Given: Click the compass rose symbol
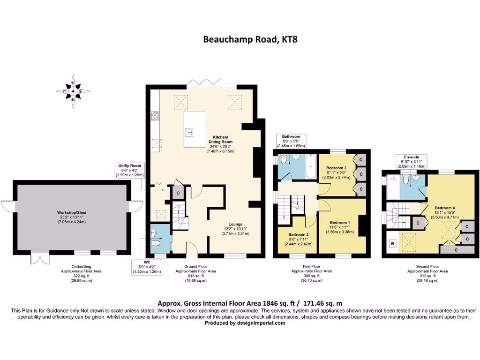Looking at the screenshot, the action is (x=73, y=91).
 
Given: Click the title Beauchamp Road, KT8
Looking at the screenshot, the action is (x=250, y=39).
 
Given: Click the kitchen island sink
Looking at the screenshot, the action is (x=189, y=132).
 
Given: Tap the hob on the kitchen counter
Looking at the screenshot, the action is (x=155, y=116).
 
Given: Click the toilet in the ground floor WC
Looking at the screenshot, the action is (x=156, y=244).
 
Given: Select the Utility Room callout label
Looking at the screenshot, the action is (x=130, y=170).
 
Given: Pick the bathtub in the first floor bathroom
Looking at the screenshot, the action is (x=311, y=166).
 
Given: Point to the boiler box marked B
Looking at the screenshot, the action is (x=393, y=244).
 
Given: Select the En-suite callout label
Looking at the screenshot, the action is (x=412, y=162).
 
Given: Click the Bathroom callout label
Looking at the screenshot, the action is (x=291, y=141).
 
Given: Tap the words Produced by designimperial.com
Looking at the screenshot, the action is (x=245, y=323).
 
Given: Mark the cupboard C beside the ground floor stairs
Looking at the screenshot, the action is (x=178, y=194).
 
